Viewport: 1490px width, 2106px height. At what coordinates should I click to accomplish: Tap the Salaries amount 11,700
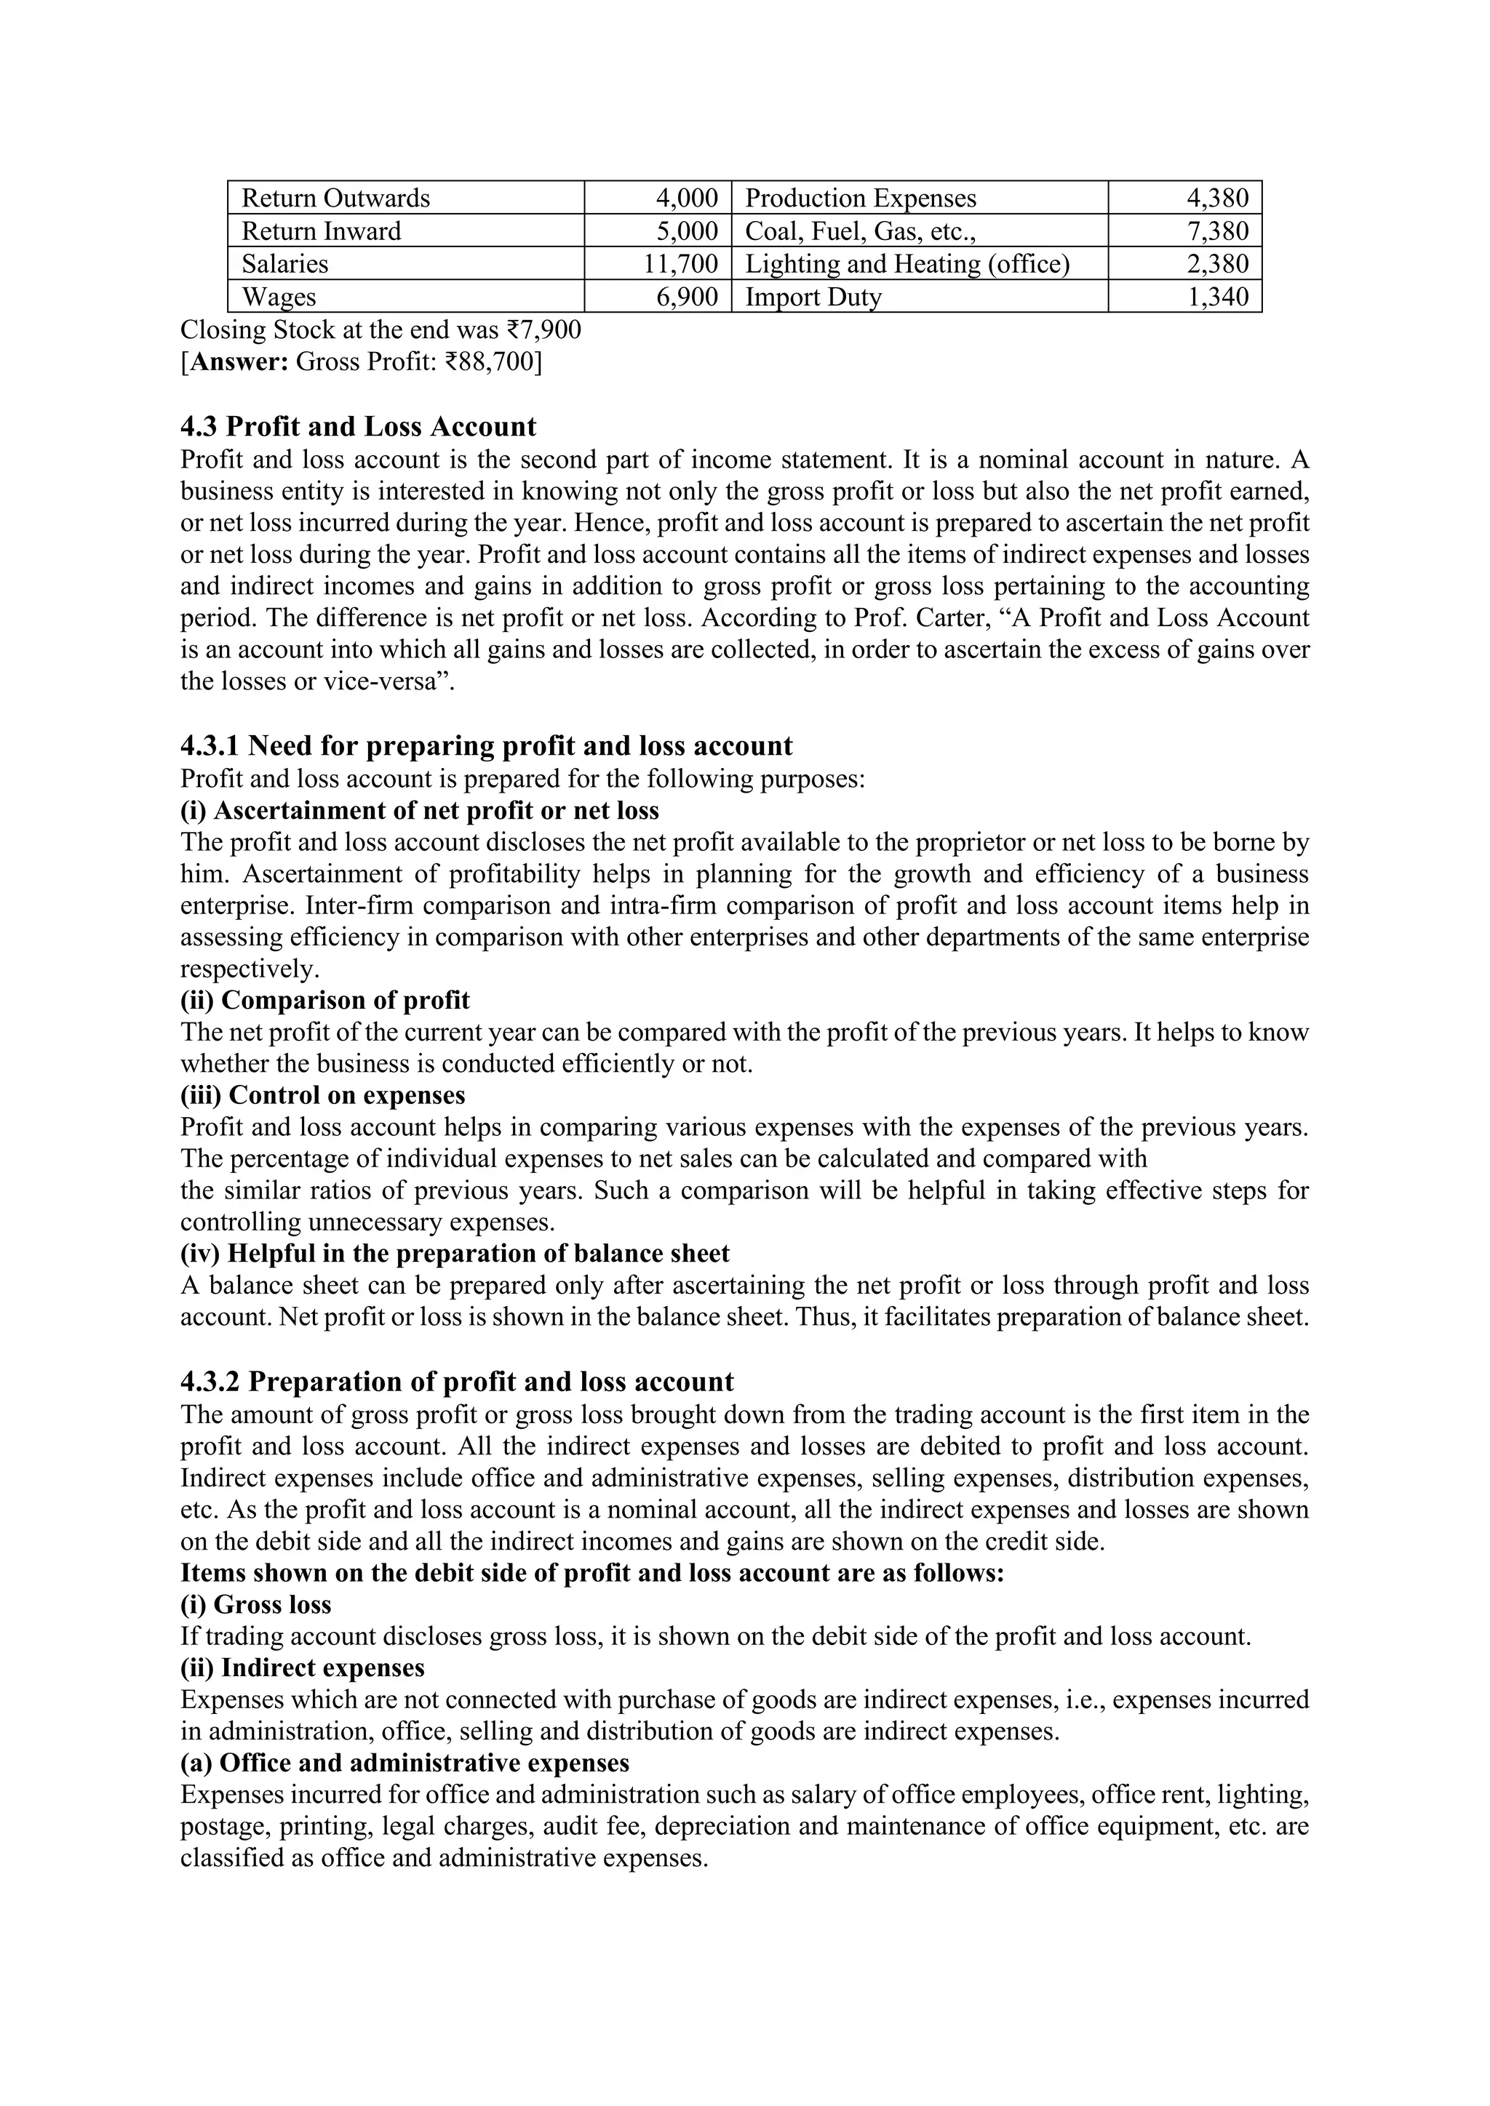(680, 264)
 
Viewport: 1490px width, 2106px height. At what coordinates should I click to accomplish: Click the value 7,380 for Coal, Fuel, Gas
(1217, 231)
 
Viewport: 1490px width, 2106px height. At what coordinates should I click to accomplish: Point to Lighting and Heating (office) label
(907, 264)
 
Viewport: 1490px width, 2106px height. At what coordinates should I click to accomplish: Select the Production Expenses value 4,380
(1217, 198)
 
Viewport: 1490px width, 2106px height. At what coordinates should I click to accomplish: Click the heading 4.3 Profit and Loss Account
(358, 427)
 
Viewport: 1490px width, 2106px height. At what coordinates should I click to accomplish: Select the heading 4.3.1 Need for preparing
(486, 745)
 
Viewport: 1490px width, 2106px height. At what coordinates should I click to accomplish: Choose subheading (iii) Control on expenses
(323, 1095)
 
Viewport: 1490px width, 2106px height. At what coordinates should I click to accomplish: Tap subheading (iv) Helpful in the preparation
(455, 1253)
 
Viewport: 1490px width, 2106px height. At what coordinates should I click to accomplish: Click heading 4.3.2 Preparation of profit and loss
(457, 1382)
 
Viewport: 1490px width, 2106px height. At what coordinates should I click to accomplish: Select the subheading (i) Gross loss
(256, 1604)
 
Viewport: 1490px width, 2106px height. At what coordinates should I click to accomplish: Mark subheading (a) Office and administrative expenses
(405, 1763)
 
